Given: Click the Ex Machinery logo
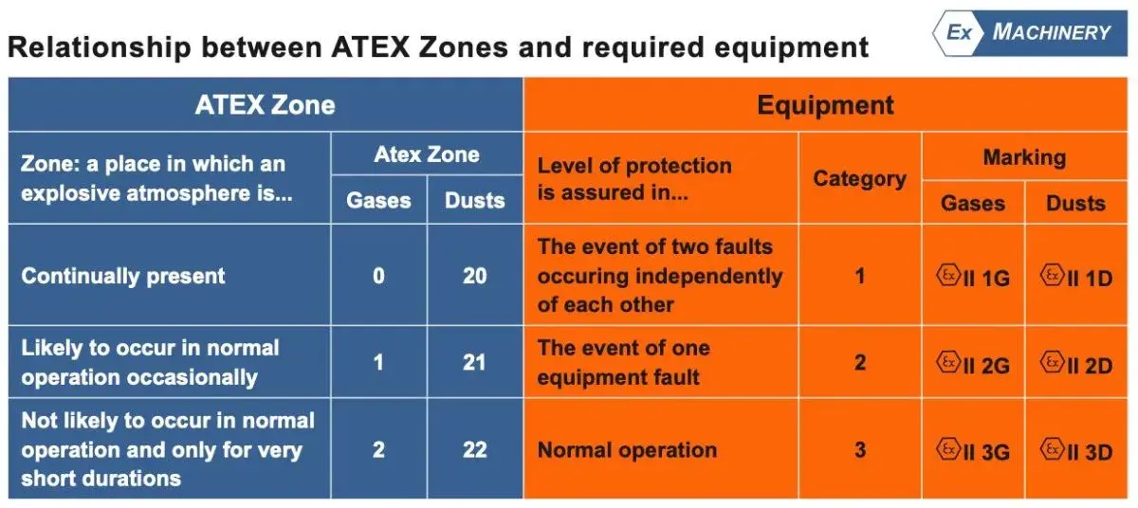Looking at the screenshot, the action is (x=1030, y=32).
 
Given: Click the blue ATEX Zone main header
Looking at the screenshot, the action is (x=266, y=105).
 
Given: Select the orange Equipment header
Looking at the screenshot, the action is (x=826, y=105).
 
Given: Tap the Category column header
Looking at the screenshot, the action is (x=859, y=178).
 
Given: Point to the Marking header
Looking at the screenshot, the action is (x=1025, y=156).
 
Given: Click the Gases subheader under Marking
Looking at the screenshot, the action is (x=973, y=203).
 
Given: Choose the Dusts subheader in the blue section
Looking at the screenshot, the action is (x=474, y=200).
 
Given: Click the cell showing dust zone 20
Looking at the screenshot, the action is (x=474, y=276).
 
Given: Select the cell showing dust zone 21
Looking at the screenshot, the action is (x=474, y=362).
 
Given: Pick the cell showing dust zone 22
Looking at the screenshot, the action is (x=474, y=449).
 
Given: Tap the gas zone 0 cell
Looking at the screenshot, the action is (x=378, y=276).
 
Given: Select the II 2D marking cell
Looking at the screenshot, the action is (x=1076, y=363).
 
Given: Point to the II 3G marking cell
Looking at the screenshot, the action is (x=973, y=450).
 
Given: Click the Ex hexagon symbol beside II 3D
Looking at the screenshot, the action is (x=1052, y=448).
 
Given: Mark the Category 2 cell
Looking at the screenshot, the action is (x=859, y=362).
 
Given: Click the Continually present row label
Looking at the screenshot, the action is (x=123, y=276).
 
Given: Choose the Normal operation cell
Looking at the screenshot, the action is (x=660, y=449).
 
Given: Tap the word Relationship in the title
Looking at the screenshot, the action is (x=100, y=47).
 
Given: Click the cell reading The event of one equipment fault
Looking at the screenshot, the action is (x=660, y=362).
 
